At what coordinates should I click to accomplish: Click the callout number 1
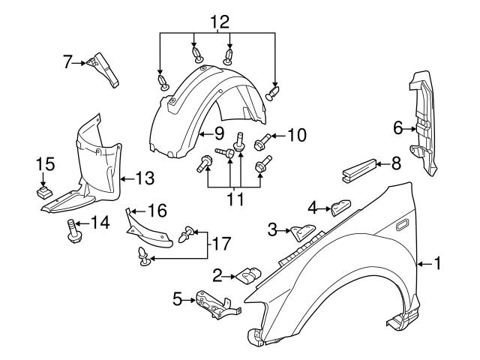click(438, 263)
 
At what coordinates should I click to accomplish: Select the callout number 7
click(67, 63)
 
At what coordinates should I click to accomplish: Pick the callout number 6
click(397, 128)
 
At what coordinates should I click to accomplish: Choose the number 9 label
click(219, 134)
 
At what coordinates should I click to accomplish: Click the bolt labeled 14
click(74, 231)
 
